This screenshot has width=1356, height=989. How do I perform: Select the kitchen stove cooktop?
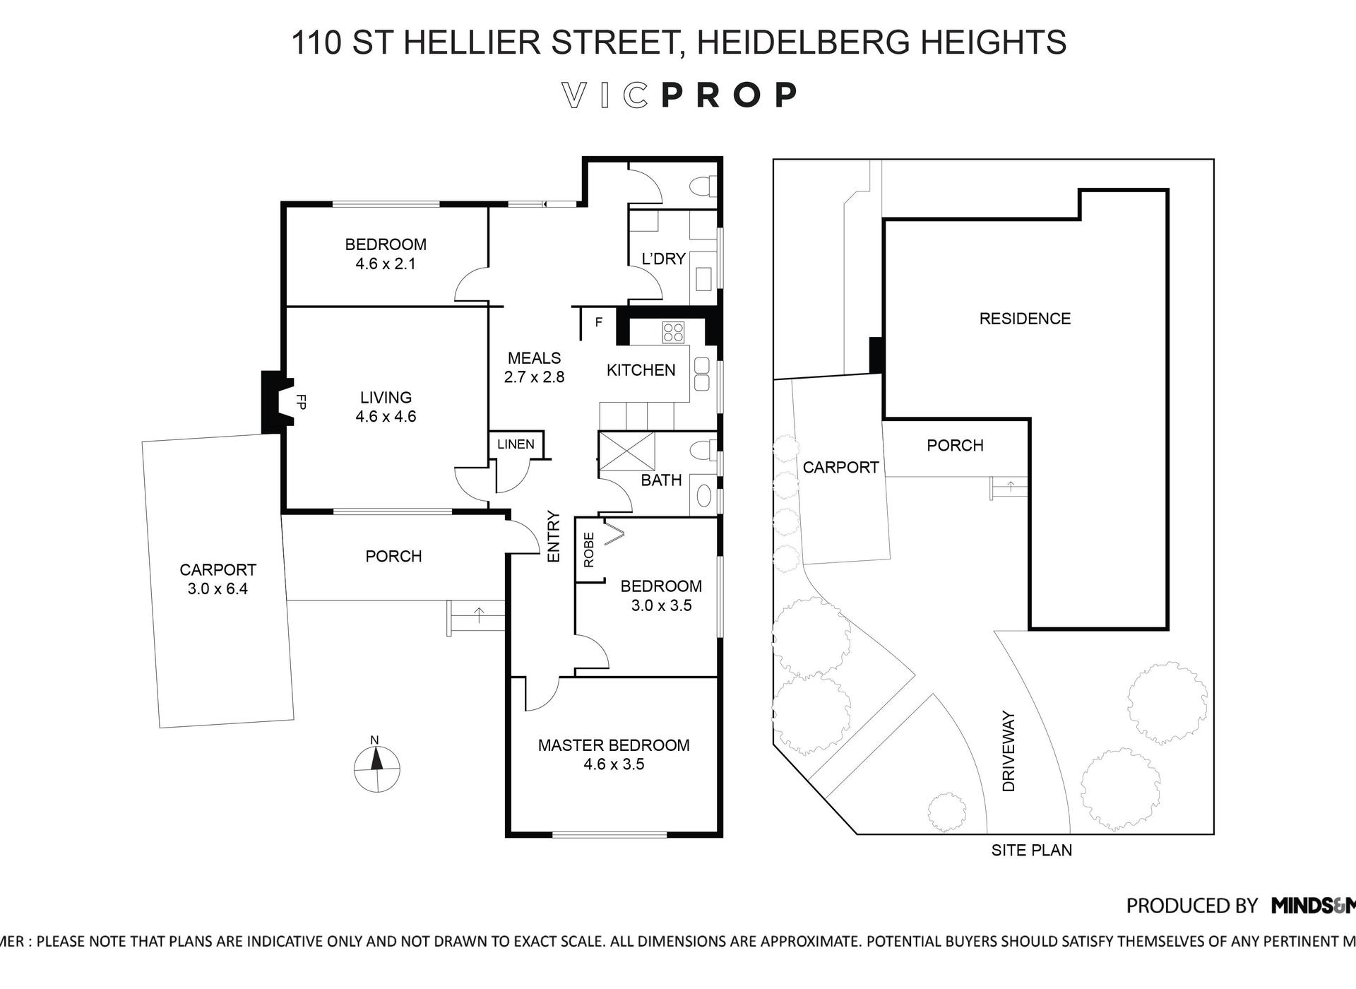(673, 333)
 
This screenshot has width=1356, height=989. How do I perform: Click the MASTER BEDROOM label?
(613, 745)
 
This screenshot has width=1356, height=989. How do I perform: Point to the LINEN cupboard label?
(516, 444)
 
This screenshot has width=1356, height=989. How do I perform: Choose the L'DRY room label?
(663, 259)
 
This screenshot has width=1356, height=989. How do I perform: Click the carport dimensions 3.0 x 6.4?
(218, 589)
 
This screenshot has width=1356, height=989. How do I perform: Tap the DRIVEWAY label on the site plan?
(1009, 751)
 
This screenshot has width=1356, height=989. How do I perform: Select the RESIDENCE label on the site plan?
(1025, 319)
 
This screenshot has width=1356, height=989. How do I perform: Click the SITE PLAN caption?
(1031, 851)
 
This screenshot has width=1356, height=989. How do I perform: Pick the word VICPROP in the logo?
(679, 95)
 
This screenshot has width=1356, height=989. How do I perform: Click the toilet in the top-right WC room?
(703, 186)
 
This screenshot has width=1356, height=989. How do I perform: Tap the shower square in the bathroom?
(626, 451)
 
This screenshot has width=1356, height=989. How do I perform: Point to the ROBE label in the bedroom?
(589, 550)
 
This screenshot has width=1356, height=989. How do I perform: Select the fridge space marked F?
(598, 323)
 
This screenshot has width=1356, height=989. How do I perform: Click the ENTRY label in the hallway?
(554, 537)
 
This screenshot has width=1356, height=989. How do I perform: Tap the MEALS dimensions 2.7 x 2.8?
(534, 377)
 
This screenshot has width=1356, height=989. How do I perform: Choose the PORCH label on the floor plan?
(393, 557)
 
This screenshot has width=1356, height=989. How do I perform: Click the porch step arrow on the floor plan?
(479, 615)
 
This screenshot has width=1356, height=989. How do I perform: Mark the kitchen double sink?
(701, 374)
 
